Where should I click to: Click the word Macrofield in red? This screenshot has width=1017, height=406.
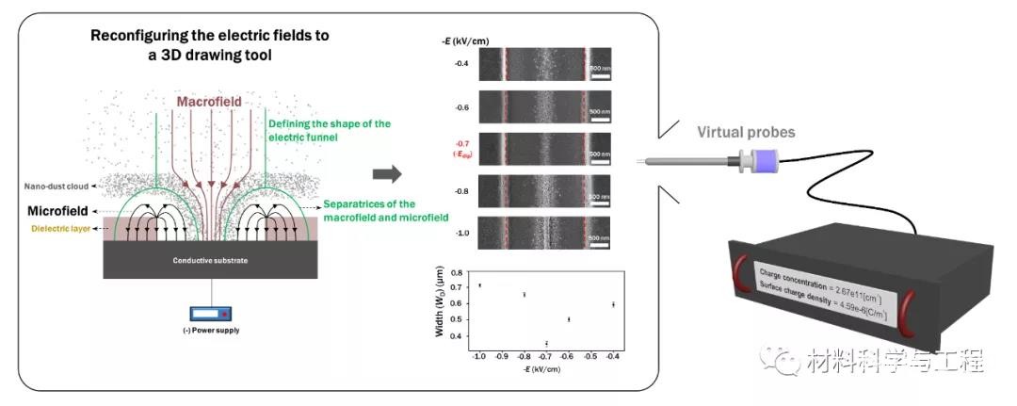pos(209,101)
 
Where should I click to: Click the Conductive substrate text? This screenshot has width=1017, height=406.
pos(210,260)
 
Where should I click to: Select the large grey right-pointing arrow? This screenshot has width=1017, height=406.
pos(388,174)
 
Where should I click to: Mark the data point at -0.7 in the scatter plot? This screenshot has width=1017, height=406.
pos(547,343)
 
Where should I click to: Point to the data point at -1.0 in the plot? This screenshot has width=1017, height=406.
pos(479,285)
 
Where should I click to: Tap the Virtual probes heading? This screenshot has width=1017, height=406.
pos(745,133)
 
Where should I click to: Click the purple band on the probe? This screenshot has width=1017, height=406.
pos(770,165)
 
